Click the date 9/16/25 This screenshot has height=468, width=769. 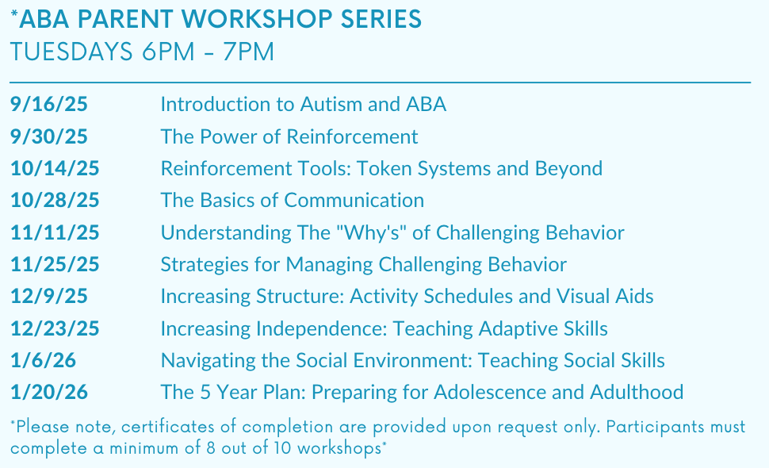coord(49,104)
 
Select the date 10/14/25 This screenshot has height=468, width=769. coord(55,168)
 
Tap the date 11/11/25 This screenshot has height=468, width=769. coord(55,232)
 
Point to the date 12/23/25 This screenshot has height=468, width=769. coord(55,328)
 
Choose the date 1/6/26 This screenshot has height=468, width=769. coord(43,360)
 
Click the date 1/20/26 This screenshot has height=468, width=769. coord(49,392)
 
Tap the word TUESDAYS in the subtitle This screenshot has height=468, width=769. coord(71,52)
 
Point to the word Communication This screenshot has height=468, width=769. coord(354,200)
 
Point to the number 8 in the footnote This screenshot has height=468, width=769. coord(211,448)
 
